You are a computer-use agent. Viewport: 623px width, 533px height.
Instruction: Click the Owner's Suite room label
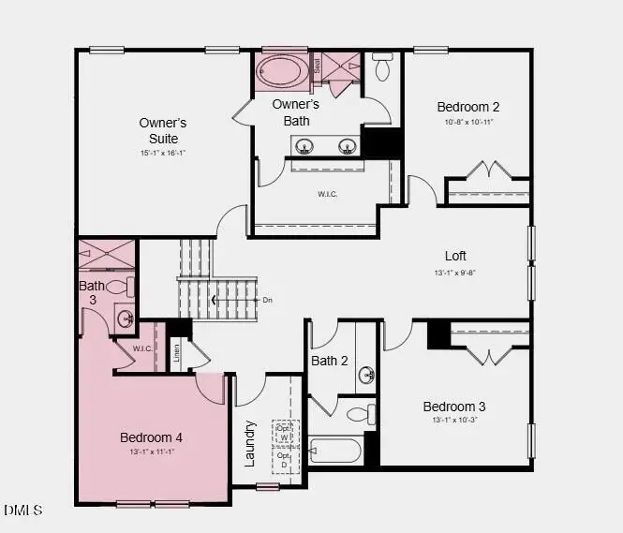tap(163, 131)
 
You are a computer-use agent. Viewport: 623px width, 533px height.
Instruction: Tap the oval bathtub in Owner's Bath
tap(281, 71)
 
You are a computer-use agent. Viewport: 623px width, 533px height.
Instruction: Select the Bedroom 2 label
tap(468, 107)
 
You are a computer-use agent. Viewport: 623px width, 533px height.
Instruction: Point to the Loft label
tap(455, 256)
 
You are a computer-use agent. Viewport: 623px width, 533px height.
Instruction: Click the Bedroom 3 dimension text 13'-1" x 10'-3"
tap(454, 422)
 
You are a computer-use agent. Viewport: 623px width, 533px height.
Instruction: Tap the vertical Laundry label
tap(250, 443)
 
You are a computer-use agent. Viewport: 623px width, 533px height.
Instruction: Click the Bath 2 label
tap(330, 361)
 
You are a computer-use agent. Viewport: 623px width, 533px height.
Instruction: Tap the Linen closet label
tap(176, 353)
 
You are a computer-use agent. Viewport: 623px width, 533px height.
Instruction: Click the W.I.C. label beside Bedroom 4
tap(141, 349)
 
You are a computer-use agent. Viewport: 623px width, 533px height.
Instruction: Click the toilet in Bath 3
tap(120, 287)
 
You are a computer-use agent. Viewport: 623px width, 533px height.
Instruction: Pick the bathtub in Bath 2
tap(334, 451)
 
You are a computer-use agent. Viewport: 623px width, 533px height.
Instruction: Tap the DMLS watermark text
tap(23, 510)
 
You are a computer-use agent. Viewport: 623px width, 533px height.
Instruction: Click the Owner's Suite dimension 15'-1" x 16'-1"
tap(163, 153)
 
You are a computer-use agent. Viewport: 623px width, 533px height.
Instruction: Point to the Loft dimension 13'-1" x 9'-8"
tap(455, 273)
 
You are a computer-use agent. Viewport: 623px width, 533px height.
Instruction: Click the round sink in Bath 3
tap(125, 318)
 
